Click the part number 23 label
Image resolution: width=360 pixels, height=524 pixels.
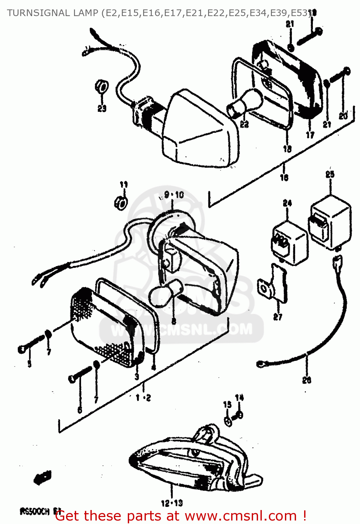[102, 109]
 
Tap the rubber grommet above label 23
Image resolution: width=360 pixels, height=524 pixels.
[101, 86]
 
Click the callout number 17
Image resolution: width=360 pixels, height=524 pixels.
[310, 134]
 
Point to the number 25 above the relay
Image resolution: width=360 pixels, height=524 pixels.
[330, 174]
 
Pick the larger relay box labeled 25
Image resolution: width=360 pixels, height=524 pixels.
[330, 222]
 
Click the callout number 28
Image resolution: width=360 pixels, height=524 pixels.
[307, 380]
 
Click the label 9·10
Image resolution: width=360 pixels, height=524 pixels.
[174, 195]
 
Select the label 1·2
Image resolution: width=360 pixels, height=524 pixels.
[143, 398]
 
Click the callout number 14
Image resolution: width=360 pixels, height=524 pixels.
[239, 398]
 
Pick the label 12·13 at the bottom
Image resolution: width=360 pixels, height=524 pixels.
[172, 503]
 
